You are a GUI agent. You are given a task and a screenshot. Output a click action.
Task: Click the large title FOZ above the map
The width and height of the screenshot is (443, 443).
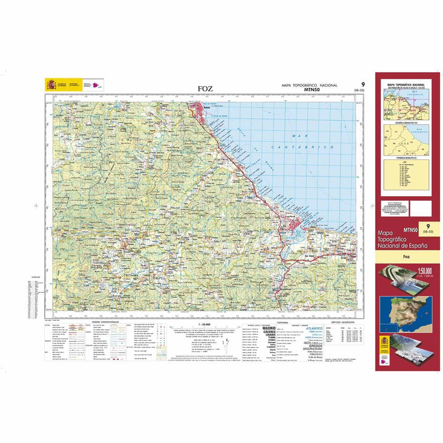pyautogui.click(x=206, y=89)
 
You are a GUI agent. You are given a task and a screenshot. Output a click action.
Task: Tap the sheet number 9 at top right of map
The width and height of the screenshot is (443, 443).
pyautogui.click(x=362, y=85)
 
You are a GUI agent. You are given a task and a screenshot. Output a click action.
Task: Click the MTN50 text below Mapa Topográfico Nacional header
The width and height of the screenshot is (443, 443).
pyautogui.click(x=315, y=91)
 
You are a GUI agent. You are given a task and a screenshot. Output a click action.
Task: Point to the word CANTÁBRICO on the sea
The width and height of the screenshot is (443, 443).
pyautogui.click(x=305, y=148)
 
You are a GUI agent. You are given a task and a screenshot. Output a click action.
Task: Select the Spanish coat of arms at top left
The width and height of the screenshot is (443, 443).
pyautogui.click(x=51, y=85)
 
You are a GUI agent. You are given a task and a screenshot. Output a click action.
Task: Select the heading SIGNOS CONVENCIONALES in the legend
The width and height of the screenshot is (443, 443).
pyautogui.click(x=105, y=322)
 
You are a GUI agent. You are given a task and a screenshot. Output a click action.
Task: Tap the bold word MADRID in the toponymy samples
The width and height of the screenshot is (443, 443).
pyautogui.click(x=269, y=329)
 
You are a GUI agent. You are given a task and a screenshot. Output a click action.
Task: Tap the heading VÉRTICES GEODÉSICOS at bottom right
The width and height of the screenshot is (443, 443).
pyautogui.click(x=341, y=322)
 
